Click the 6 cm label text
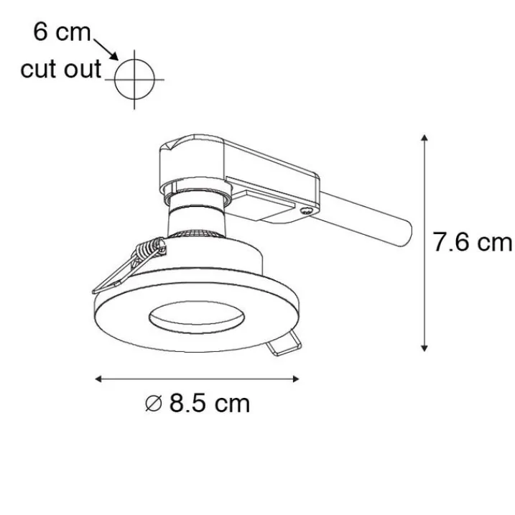(62, 32)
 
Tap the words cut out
(61, 69)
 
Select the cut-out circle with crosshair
(134, 80)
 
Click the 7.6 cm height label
(473, 242)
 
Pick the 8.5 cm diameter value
(210, 403)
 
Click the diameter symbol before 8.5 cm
(154, 404)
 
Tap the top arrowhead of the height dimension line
(424, 138)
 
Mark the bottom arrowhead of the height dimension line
(424, 348)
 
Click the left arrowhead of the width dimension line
(98, 379)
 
